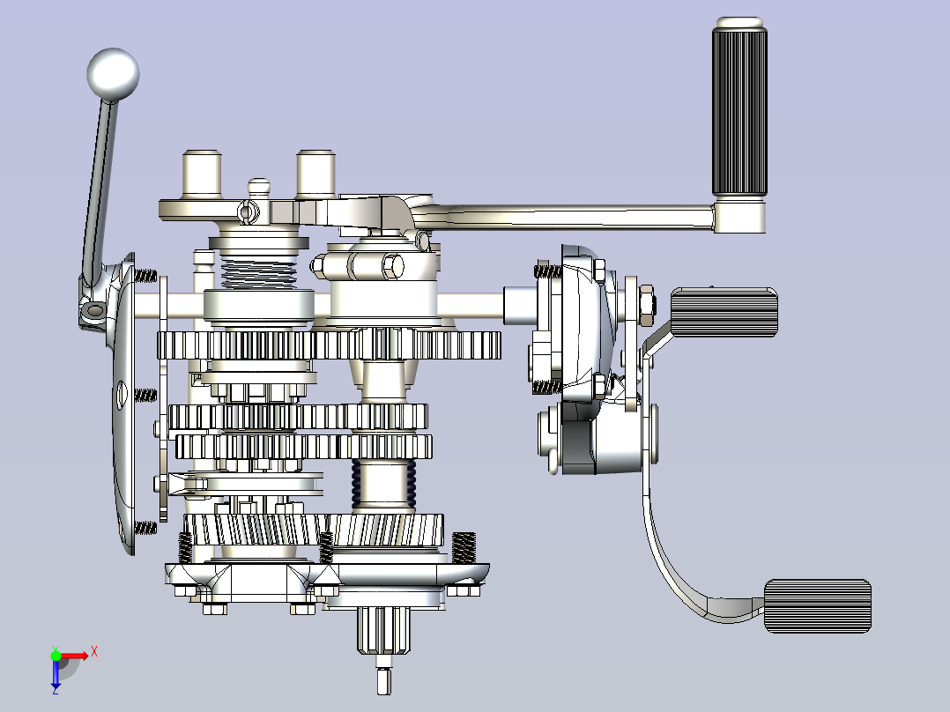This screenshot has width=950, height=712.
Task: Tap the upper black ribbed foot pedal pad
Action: point(724,312)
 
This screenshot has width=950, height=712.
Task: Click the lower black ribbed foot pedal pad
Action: point(818,606)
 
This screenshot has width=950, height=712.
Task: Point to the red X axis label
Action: point(94,652)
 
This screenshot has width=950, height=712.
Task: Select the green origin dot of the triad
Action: point(56,656)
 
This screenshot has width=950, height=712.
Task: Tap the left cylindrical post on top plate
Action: point(202,174)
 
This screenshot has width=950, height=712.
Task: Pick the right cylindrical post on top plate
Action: point(315,174)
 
